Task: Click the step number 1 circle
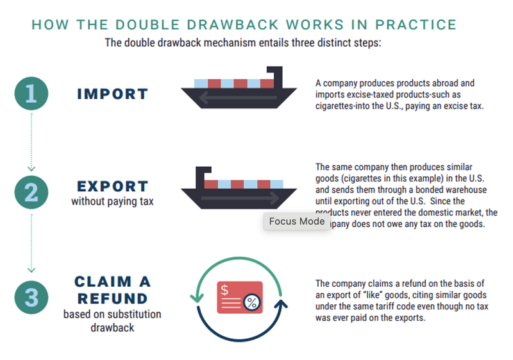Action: pos(31,94)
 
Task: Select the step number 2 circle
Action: pos(31,193)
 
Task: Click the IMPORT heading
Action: pos(113,94)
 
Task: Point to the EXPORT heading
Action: pos(113,187)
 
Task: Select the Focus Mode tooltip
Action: pos(296,221)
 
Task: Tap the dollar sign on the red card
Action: pos(225,290)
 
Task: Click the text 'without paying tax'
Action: pos(112,202)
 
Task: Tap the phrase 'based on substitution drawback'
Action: pos(112,321)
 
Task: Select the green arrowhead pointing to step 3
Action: pos(31,270)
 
